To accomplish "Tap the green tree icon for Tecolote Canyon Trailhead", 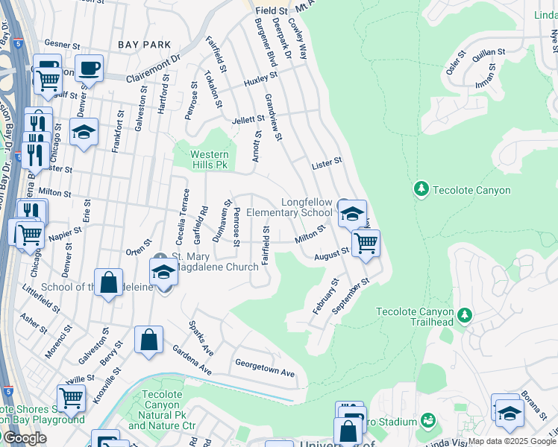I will (464, 314).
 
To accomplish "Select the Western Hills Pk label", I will (201, 159).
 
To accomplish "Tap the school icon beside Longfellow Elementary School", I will (351, 214).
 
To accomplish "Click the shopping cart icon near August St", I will (365, 243).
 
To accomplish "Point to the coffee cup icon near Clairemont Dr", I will (90, 69).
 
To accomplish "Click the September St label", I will (353, 296).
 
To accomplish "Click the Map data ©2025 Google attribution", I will (512, 441).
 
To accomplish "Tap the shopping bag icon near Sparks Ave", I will (148, 340).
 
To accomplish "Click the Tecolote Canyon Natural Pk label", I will (162, 410).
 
